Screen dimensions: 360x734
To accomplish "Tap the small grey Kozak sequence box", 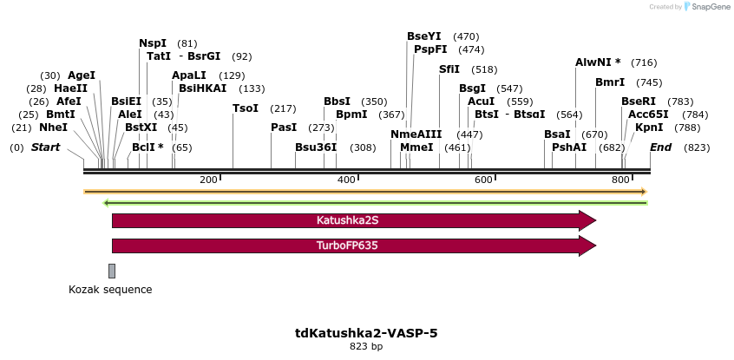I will pos(112,271).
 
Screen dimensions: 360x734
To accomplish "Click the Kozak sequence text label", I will pos(110,290).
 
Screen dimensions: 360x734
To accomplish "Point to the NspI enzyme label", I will pos(154,43).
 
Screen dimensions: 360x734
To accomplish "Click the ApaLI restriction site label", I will pos(189,75).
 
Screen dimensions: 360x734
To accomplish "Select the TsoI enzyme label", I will pos(246,108).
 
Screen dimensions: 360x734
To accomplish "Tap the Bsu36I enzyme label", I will pos(316,147).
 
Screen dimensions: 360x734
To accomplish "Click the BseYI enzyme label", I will pos(424,36).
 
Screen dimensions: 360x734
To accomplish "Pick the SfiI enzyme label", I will pos(449,69).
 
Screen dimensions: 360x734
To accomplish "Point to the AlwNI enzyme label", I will pos(598,62).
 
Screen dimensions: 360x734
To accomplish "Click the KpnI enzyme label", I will pos(649,128).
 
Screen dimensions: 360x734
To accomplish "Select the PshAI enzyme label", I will pos(569,147).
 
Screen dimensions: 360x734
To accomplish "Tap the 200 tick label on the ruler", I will pos(208,180).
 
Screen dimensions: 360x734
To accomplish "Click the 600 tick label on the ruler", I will pos(482,180).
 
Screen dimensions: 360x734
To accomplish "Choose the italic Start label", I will pos(46,147).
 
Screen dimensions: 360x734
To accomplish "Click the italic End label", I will pos(661,147).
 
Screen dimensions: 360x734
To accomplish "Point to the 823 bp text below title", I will pos(365,347).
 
